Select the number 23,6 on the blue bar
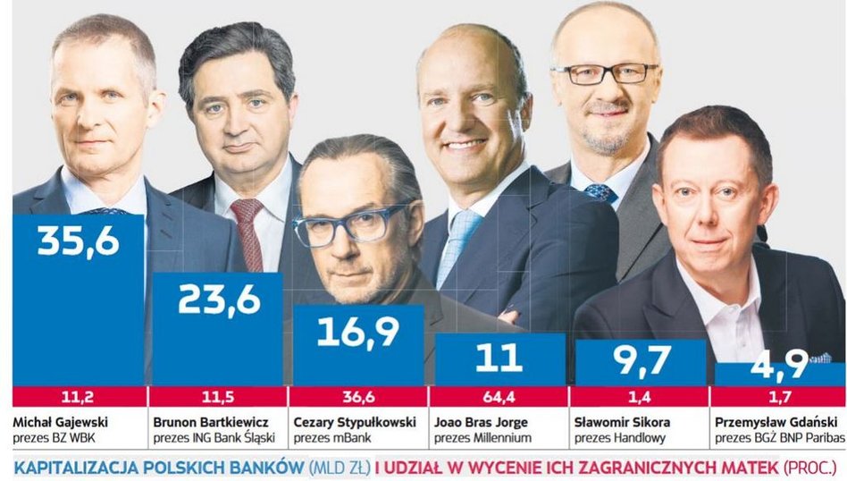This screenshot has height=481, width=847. coord(218,300)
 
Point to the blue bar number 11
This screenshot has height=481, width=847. coord(498,357)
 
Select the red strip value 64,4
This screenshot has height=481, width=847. coord(498,396)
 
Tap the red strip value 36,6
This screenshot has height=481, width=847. coord(358,396)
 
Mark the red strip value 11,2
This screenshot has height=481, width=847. coord(79,396)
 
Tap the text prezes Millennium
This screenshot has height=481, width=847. coord(483,437)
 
